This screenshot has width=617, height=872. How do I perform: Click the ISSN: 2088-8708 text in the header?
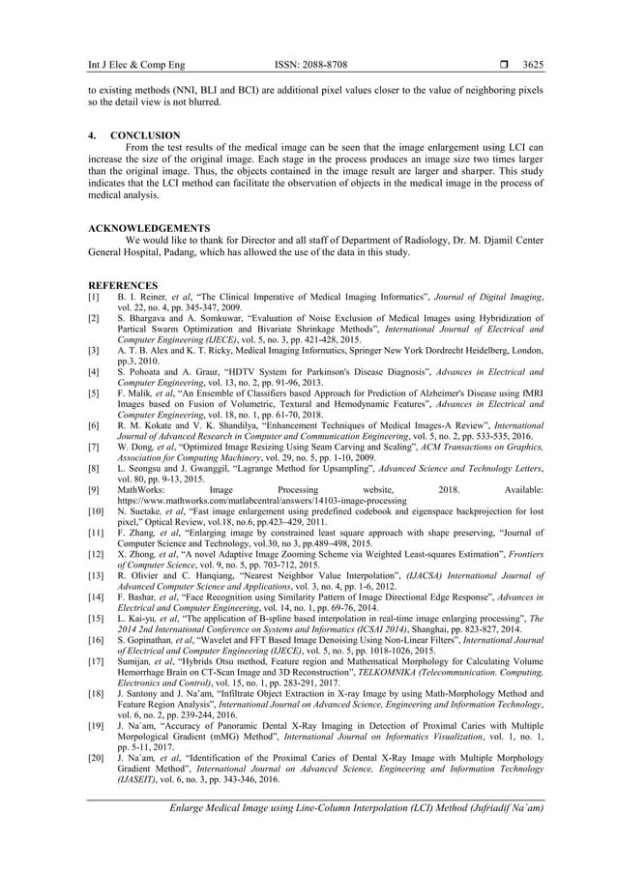309,65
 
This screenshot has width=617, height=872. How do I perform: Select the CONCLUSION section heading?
144,135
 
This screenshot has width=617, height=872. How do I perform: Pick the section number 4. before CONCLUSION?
92,135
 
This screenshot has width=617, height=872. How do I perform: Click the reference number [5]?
94,394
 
